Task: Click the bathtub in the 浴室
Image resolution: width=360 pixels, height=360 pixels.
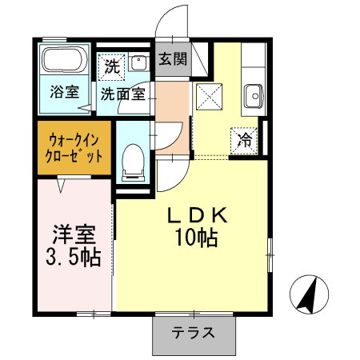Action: (65, 60)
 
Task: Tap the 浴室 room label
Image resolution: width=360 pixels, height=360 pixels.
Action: (65, 92)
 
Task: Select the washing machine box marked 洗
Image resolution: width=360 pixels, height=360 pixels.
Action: (112, 67)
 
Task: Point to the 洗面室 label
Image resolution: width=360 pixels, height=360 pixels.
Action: (123, 94)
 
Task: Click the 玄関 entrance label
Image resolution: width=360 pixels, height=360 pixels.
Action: (173, 59)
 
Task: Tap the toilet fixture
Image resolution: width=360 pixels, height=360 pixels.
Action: (133, 162)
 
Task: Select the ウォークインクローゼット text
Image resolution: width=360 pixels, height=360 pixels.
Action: (74, 148)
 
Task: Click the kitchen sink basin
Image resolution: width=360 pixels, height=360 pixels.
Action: (254, 96)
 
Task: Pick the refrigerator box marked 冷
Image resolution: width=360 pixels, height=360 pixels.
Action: (244, 141)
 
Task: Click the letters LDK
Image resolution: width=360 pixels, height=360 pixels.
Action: (198, 215)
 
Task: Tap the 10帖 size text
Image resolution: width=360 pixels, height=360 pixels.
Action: (197, 238)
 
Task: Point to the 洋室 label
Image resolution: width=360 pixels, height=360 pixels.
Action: (74, 234)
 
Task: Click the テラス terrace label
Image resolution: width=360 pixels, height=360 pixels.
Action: (193, 333)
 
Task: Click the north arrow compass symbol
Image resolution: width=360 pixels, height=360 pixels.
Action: (310, 294)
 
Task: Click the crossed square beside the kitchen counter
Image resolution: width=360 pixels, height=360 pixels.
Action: (209, 96)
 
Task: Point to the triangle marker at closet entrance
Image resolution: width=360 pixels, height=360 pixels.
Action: (61, 186)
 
